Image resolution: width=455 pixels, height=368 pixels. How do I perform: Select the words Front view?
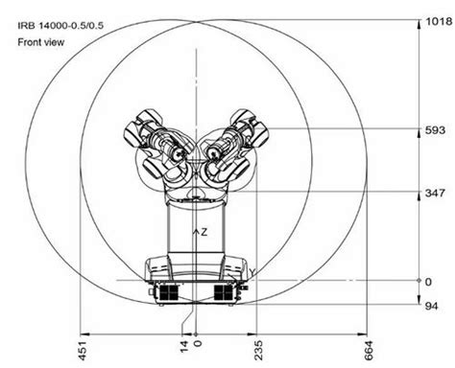pos(40,43)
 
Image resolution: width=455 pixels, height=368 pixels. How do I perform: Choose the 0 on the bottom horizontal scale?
pos(198,341)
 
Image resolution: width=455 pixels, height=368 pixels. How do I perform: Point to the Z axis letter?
pos(203,232)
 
